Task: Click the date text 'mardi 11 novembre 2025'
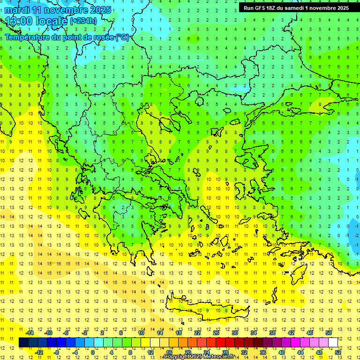click(x=59, y=10)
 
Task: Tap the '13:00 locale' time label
click(x=37, y=21)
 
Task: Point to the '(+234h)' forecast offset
click(x=83, y=21)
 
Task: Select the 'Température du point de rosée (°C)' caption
click(x=67, y=37)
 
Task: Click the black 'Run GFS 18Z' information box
click(x=296, y=8)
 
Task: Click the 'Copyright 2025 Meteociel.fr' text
click(x=205, y=357)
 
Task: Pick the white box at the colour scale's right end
click(x=333, y=343)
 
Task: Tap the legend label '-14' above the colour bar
click(x=30, y=333)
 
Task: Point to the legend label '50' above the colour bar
click(x=329, y=333)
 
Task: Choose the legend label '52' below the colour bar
click(x=338, y=352)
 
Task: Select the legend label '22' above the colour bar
click(x=197, y=333)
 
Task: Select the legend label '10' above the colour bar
click(x=141, y=333)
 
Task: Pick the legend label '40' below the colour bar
click(x=282, y=352)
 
